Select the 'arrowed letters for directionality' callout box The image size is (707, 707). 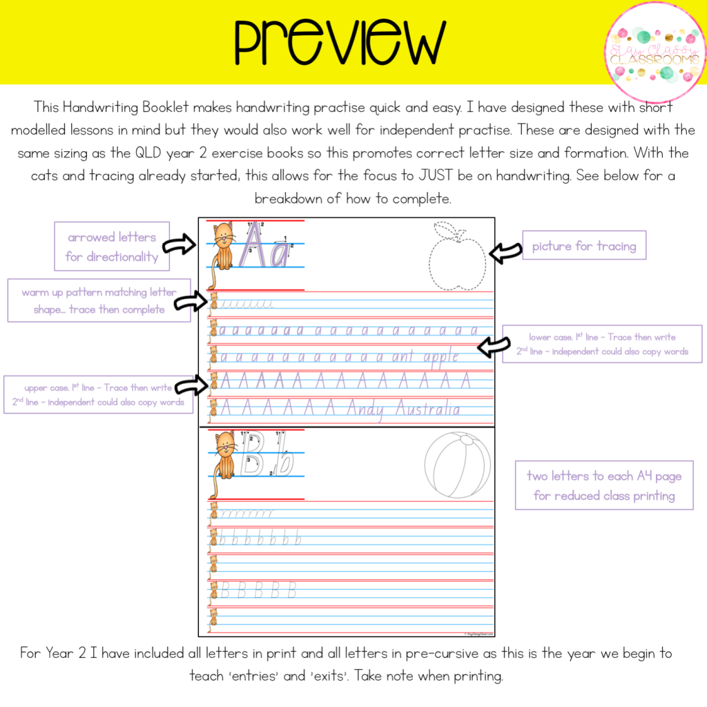(112, 247)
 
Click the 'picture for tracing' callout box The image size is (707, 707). (583, 246)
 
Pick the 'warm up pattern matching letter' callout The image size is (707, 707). (99, 301)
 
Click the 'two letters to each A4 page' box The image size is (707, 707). (604, 485)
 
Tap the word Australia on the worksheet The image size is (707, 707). (427, 409)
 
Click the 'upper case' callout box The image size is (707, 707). (99, 395)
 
